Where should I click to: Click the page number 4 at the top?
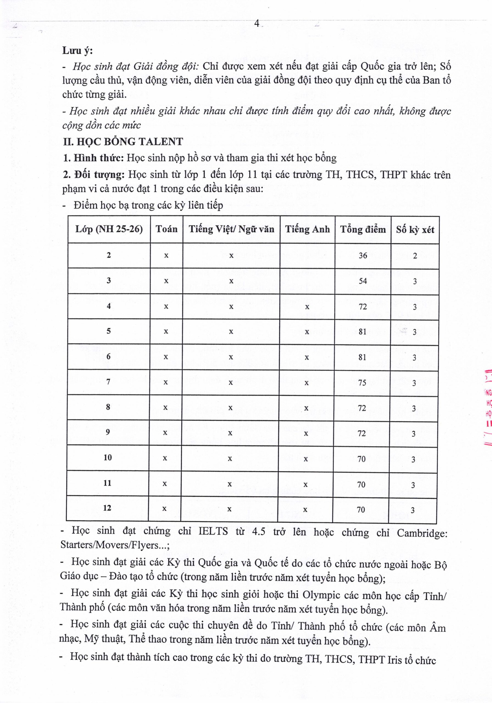click(x=257, y=24)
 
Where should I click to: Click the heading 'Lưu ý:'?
click(x=77, y=51)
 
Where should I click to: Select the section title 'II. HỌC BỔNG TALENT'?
click(x=123, y=141)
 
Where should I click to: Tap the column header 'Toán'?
click(x=166, y=229)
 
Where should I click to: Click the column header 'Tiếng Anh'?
click(x=307, y=229)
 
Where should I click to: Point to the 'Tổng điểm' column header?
click(x=363, y=229)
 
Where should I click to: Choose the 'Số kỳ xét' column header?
click(x=415, y=230)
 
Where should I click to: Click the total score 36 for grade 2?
click(x=363, y=255)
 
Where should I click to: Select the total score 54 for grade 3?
click(x=363, y=281)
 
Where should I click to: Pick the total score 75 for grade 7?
click(x=362, y=383)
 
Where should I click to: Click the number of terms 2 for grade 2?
click(x=415, y=256)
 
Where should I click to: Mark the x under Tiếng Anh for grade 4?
click(x=307, y=307)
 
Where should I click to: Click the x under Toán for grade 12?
click(x=165, y=509)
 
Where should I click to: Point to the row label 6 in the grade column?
click(x=108, y=356)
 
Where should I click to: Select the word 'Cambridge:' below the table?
click(x=422, y=533)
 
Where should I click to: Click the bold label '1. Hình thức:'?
click(x=93, y=158)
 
